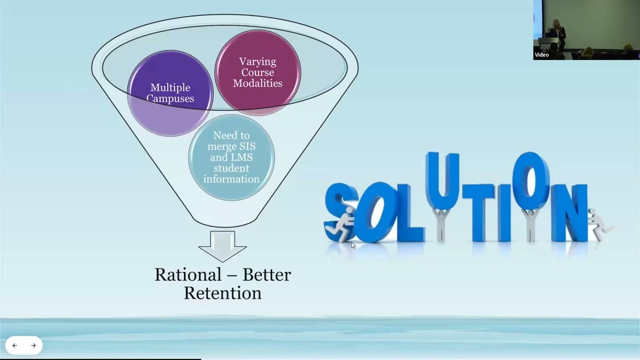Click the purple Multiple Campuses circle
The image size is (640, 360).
[x=170, y=93]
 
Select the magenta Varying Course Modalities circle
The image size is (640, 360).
[x=257, y=72]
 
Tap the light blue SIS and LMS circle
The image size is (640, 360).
[x=231, y=157]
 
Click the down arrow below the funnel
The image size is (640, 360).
[x=222, y=245]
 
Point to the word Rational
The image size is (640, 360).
[x=187, y=274]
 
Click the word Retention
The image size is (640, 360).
[x=222, y=293]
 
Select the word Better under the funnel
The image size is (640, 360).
[x=266, y=274]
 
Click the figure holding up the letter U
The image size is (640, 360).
[x=440, y=225]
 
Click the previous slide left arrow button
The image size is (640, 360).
[x=14, y=345]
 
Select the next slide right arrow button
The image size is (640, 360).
[x=33, y=345]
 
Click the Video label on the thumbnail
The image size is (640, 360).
[x=542, y=55]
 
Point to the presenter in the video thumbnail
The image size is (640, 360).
[x=557, y=32]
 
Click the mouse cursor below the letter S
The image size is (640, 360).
[x=352, y=245]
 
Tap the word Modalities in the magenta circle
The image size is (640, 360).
[x=257, y=83]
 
